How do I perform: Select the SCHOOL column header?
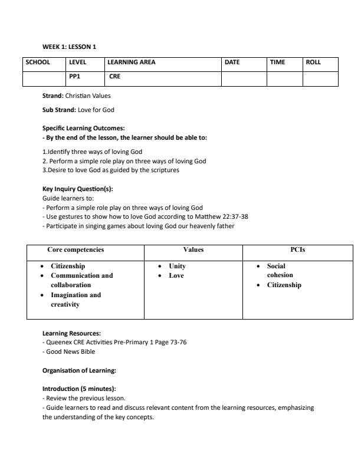click(38, 62)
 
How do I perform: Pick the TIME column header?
click(277, 62)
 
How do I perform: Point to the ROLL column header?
click(314, 62)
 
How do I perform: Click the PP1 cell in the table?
click(75, 76)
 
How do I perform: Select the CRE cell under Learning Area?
click(114, 76)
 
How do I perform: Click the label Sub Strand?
click(59, 110)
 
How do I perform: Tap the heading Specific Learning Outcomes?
click(83, 128)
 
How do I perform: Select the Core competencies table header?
click(76, 249)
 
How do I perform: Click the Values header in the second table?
click(193, 249)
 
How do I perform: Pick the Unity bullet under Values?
click(177, 266)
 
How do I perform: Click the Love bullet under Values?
click(176, 275)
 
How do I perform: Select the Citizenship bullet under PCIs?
click(284, 285)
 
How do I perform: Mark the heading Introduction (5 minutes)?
click(79, 389)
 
